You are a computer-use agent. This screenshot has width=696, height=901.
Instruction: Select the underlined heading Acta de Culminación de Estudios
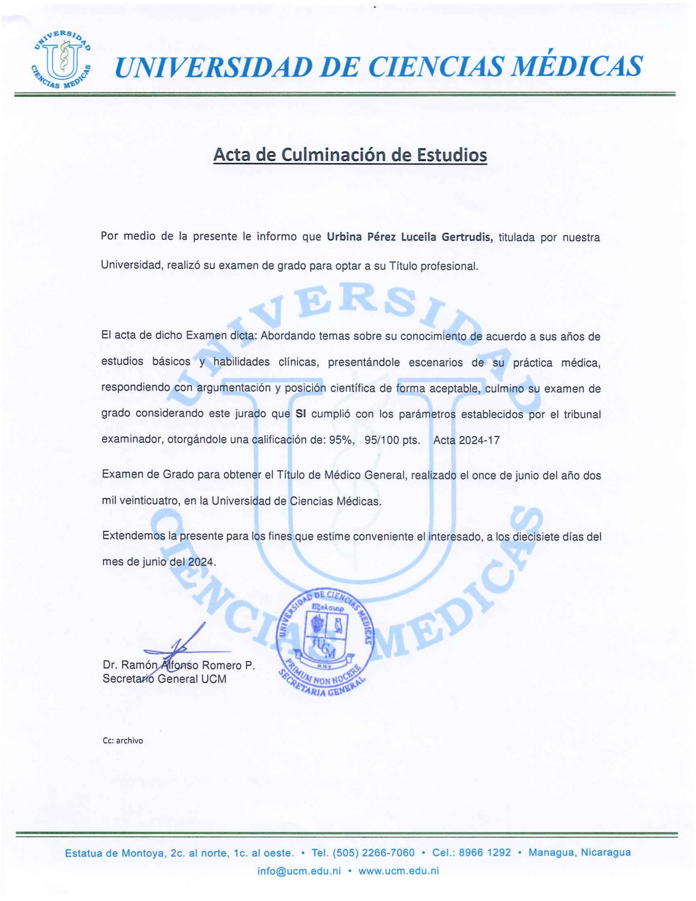[349, 155]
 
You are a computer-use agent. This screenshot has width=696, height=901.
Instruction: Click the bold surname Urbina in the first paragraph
[344, 237]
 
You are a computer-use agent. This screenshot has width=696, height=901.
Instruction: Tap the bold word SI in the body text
[300, 414]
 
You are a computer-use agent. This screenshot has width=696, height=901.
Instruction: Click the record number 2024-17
[479, 440]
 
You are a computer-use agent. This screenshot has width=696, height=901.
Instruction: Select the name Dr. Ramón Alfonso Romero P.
[179, 665]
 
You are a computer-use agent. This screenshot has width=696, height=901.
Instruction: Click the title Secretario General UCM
[164, 679]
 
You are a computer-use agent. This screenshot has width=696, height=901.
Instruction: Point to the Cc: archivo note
[123, 741]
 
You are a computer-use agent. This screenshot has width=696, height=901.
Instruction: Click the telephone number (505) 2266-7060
[373, 853]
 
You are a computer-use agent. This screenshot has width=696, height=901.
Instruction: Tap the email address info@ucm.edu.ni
[299, 871]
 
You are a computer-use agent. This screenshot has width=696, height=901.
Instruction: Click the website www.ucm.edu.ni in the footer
[398, 871]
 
